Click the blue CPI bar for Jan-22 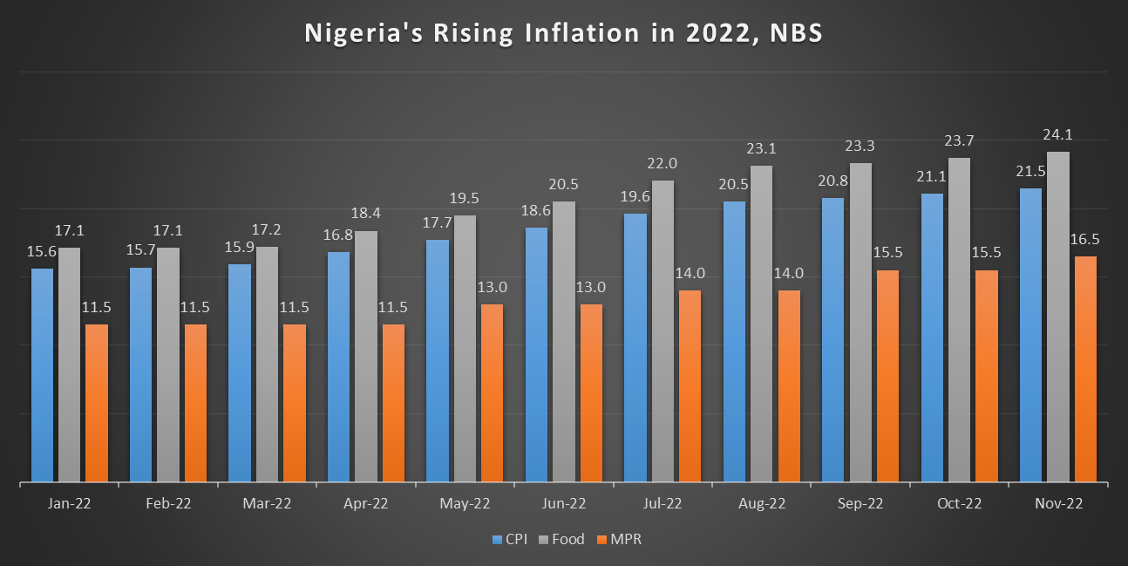(42, 375)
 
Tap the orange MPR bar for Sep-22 (888, 376)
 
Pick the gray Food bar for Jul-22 (663, 331)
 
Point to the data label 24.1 (1058, 135)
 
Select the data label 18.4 (366, 214)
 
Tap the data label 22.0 (663, 163)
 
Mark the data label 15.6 (41, 251)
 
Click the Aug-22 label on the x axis (761, 504)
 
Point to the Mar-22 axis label (267, 504)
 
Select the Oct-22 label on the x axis (959, 504)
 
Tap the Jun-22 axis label (563, 504)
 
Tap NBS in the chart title (791, 33)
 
